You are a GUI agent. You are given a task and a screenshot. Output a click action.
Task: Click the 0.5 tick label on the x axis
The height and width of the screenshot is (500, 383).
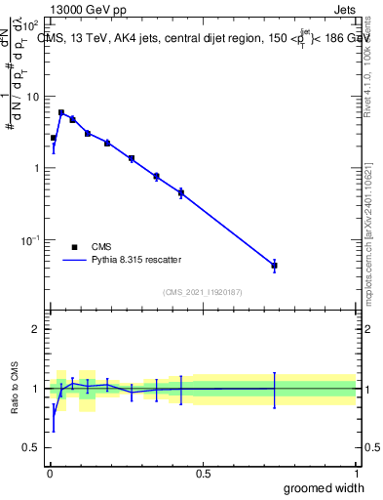(203, 474)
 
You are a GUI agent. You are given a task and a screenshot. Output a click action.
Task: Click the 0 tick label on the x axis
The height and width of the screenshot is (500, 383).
(49, 474)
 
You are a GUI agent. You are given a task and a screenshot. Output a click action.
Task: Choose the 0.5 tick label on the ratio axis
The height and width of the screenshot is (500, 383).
(33, 448)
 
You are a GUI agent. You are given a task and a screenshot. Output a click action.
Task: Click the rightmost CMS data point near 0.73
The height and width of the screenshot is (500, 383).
(275, 266)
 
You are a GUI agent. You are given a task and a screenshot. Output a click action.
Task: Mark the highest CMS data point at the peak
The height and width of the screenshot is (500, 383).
(61, 112)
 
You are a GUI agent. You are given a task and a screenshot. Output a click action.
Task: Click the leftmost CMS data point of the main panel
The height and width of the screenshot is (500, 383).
(54, 138)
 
